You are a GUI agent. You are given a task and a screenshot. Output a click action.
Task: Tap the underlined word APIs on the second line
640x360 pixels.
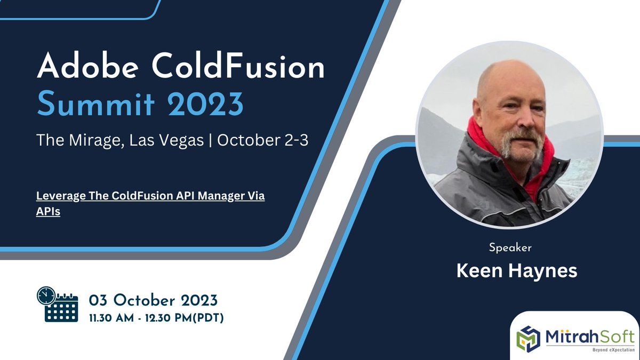48,211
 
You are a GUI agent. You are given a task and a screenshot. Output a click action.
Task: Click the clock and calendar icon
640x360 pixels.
57,303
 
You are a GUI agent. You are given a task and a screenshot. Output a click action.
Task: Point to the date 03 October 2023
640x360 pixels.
154,299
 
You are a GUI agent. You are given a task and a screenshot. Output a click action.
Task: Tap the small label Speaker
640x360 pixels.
510,248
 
